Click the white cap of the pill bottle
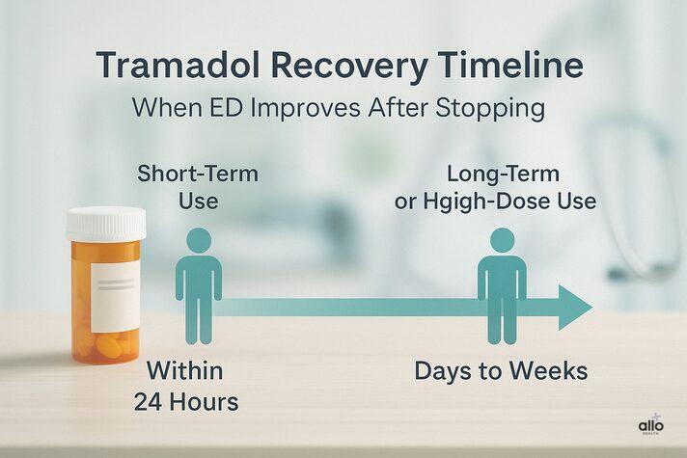(x=106, y=223)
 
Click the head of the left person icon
(x=199, y=241)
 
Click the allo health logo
(x=651, y=426)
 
